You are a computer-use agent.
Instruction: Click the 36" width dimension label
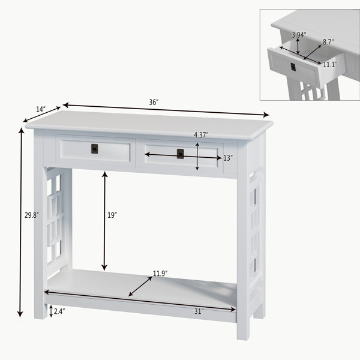pos(154,102)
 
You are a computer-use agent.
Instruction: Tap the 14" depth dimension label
pos(41,109)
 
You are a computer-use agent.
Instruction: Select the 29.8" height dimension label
pos(32,215)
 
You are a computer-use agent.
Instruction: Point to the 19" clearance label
pos(112,215)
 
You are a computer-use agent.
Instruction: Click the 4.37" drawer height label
pos(201,135)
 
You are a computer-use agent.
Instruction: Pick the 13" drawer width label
pos(228,158)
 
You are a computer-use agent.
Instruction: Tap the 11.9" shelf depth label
pos(160,274)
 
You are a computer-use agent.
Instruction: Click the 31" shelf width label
pos(199,311)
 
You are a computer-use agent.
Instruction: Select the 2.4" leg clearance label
pos(59,311)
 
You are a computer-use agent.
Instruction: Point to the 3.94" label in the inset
pos(299,35)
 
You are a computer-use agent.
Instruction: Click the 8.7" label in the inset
pos(328,42)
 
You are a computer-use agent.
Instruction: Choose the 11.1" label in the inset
pos(330,65)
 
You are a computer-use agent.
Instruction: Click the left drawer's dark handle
pos(94,149)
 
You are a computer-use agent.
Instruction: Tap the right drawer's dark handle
pos(180,154)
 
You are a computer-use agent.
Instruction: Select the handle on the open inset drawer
pos(293,67)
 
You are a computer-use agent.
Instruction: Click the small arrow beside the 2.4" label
pos(51,311)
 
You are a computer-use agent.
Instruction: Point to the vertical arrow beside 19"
pos(104,221)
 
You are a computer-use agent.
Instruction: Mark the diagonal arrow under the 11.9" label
pos(140,287)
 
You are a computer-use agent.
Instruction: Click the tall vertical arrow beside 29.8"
pos(21,223)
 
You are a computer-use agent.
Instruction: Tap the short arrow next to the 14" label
pos(42,115)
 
